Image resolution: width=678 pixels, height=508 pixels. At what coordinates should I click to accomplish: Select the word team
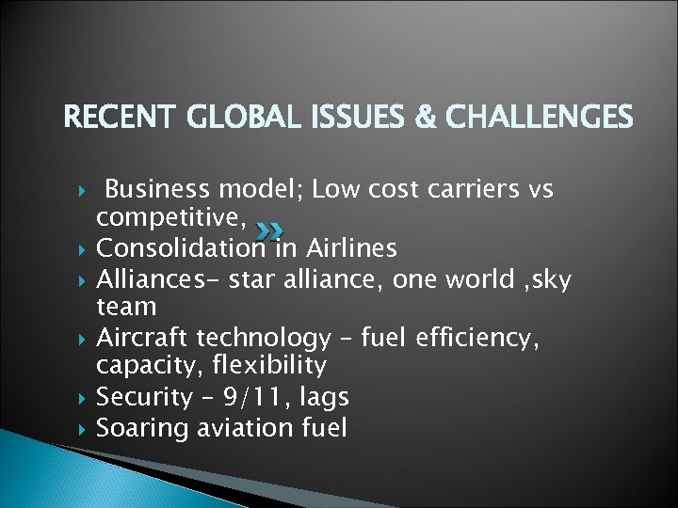point(126,308)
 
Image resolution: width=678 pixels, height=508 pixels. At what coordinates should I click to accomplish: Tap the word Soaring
point(146,427)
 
